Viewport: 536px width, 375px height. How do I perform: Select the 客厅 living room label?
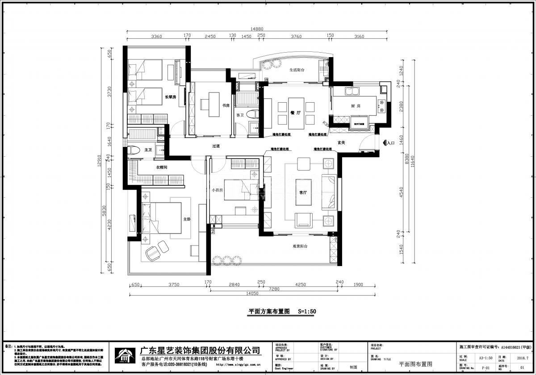[303, 192]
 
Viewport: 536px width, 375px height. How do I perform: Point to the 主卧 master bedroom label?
[187, 219]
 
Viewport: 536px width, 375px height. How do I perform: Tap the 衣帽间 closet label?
[161, 167]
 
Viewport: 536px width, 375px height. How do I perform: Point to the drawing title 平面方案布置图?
[269, 312]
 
